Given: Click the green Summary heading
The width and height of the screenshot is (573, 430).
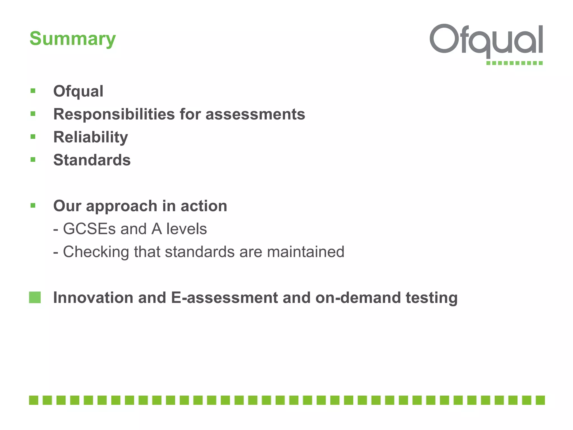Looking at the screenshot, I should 72,39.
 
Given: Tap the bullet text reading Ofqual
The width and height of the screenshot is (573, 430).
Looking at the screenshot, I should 78,91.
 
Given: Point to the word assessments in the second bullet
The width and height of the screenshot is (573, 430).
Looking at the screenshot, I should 255,114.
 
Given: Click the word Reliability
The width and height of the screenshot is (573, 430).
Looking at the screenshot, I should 91,137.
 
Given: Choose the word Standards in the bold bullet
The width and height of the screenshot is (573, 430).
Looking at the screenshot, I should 92,160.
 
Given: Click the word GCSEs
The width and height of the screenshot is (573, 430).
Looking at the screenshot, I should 89,229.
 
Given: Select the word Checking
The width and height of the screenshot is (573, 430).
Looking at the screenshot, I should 96,252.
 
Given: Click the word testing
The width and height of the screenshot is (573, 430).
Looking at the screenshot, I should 431,298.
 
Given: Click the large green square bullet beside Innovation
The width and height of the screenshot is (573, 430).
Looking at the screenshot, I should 35,297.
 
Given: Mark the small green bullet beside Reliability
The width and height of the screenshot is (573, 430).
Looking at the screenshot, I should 33,137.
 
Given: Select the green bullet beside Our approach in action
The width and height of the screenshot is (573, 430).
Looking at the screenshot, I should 33,205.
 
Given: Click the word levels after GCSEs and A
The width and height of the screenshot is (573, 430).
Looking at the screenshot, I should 186,229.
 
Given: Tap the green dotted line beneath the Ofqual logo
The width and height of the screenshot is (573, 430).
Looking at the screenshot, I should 514,63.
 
